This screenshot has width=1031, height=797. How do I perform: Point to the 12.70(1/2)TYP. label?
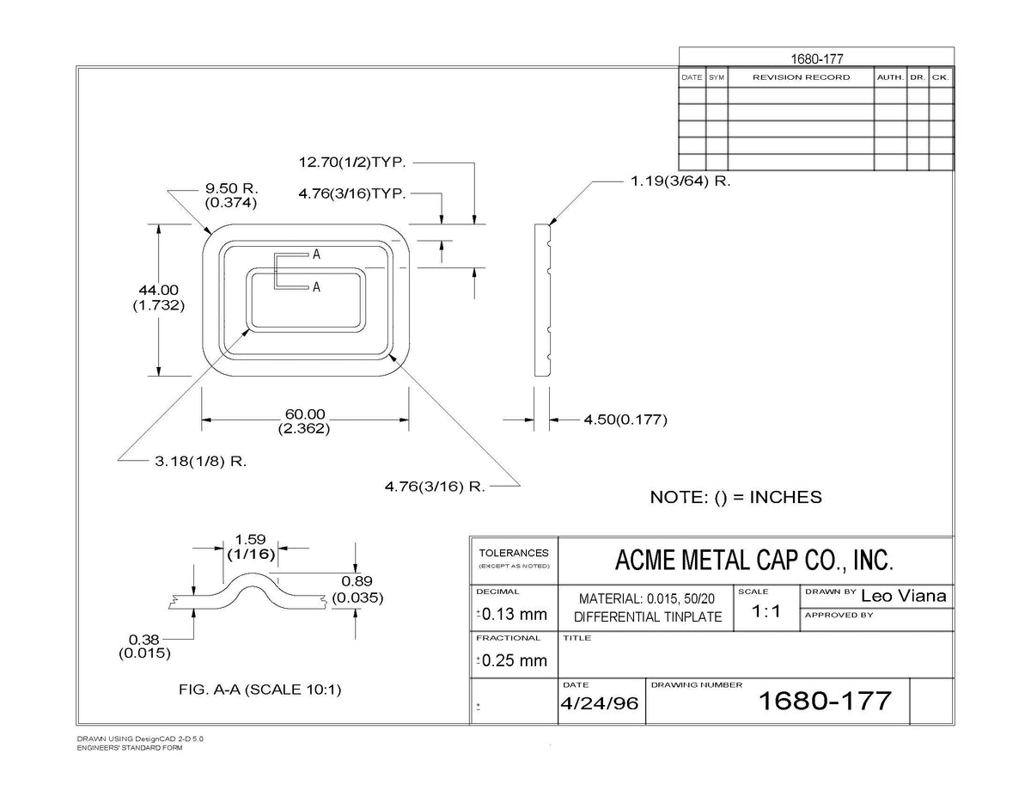click(352, 162)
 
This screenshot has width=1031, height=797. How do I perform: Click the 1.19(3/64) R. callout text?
click(680, 181)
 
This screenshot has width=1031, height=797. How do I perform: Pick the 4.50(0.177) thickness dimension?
click(625, 420)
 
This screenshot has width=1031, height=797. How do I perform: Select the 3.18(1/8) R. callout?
click(201, 461)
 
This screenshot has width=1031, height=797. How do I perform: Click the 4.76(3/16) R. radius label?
click(435, 487)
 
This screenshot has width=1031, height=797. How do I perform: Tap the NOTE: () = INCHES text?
click(736, 498)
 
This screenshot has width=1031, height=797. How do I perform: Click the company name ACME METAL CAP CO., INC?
click(753, 560)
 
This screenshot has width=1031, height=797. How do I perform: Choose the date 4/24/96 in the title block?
click(599, 703)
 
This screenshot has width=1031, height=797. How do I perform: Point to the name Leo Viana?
click(903, 596)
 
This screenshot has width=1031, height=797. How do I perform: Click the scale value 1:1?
click(766, 611)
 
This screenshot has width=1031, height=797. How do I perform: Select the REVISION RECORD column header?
click(801, 77)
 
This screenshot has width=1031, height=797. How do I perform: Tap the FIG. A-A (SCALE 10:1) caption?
click(260, 690)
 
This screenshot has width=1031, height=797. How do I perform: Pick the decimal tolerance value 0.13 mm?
click(515, 614)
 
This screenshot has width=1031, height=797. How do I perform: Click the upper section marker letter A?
click(316, 254)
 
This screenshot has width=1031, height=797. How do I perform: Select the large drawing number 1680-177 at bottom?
click(825, 701)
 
